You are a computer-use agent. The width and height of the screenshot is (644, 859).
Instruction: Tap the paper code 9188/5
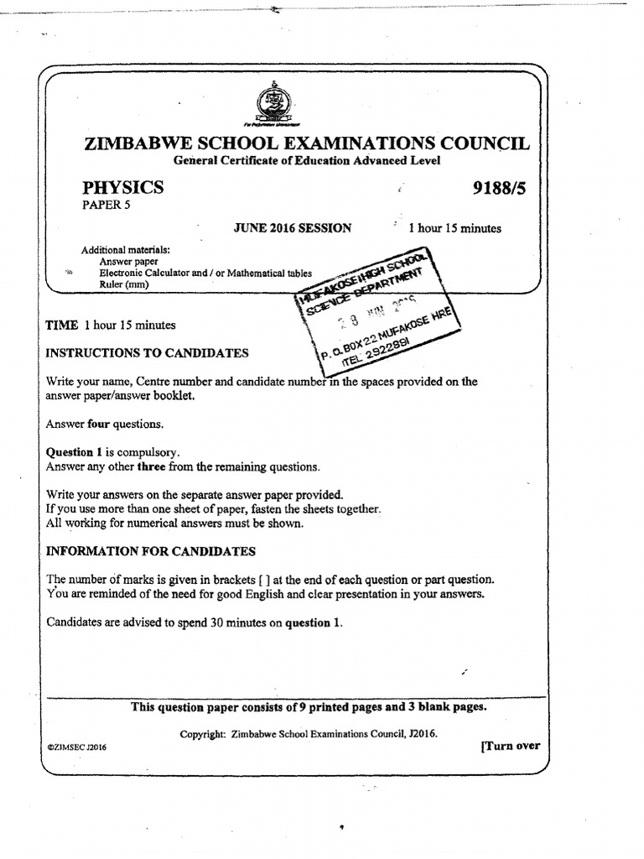click(499, 188)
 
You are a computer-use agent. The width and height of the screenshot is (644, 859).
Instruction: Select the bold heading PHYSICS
click(122, 187)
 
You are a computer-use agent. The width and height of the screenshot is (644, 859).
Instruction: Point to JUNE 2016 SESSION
click(292, 228)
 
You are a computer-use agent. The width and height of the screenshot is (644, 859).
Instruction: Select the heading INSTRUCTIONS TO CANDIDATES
click(147, 353)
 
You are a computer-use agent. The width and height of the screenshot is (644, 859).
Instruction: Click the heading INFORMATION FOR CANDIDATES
click(150, 551)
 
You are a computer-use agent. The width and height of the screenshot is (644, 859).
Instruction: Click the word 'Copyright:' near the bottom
click(202, 734)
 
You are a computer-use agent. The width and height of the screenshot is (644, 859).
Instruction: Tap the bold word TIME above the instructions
click(61, 325)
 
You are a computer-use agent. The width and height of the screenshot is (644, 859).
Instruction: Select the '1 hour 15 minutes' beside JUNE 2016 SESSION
click(454, 228)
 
